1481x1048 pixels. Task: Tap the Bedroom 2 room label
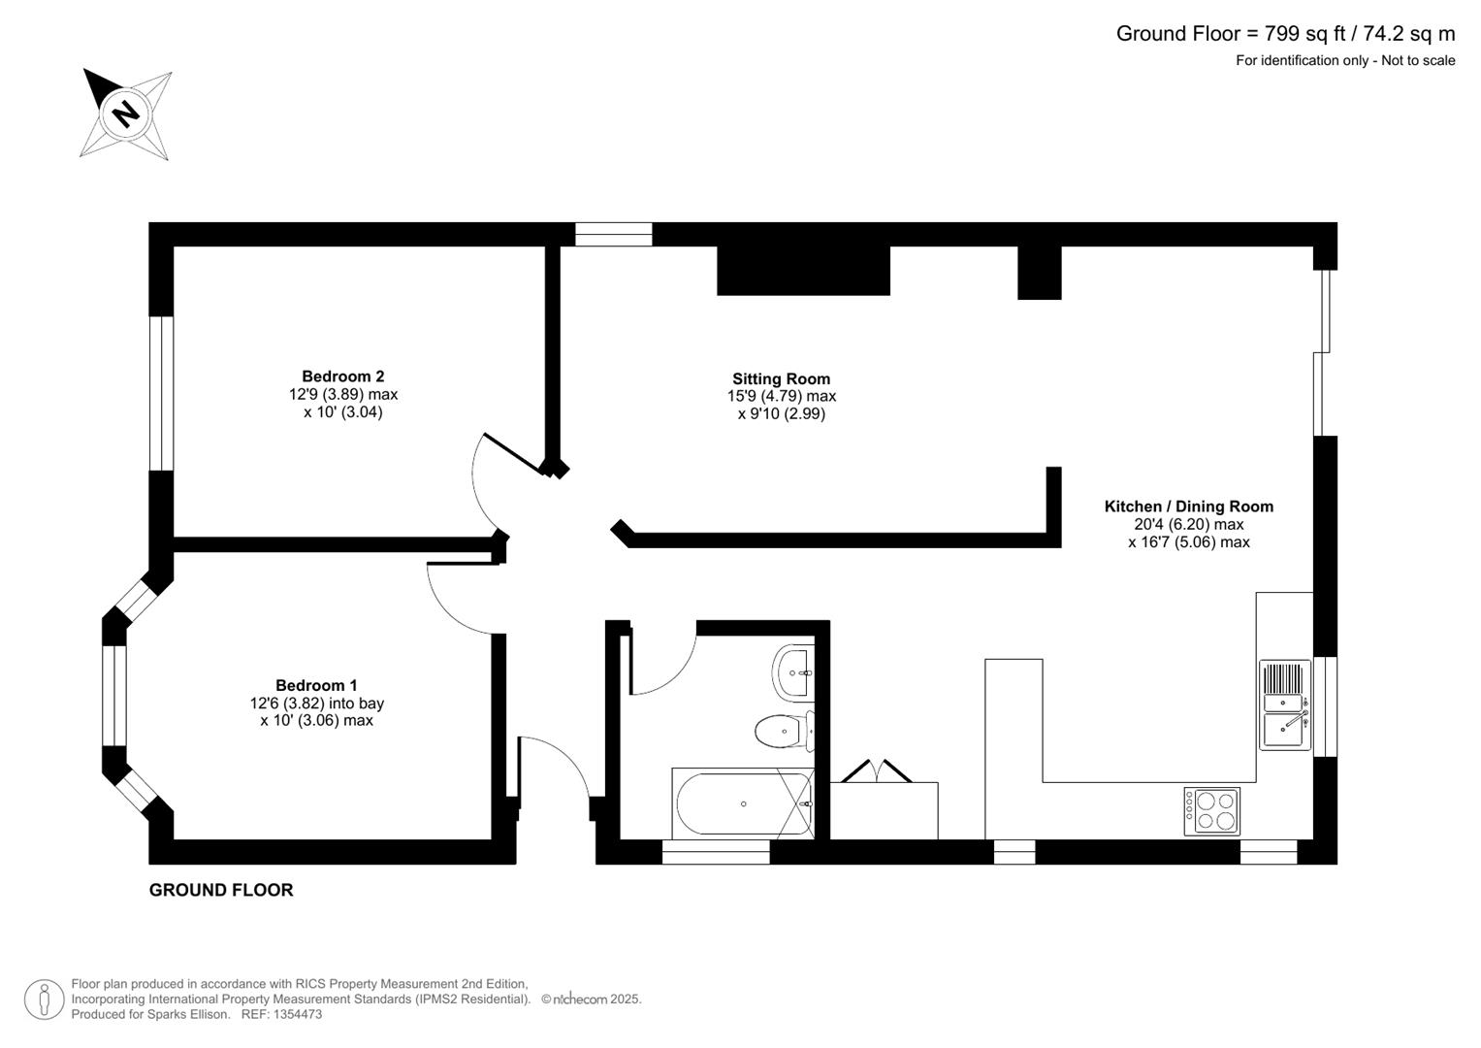342,377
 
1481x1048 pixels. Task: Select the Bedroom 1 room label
316,685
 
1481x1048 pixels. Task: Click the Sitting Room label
781,379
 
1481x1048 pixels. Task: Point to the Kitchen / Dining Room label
1188,507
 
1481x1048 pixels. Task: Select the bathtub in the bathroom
742,803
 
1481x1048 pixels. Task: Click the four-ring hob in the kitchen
1211,811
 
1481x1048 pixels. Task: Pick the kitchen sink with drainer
1285,704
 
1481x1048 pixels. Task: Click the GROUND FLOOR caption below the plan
221,890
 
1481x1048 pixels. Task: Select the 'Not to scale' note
1418,61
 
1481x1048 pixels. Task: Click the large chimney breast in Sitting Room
803,271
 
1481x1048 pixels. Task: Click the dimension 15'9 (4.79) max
781,397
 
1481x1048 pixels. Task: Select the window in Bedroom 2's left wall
161,393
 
